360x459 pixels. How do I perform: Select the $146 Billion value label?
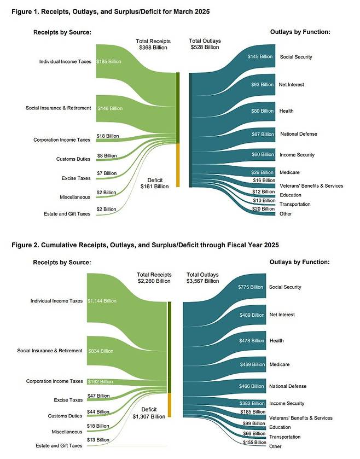(109, 108)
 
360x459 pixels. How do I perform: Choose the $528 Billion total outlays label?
(204, 48)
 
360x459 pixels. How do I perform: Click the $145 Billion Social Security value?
(260, 57)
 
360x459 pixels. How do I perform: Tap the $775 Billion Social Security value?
(251, 287)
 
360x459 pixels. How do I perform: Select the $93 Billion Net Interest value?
(262, 85)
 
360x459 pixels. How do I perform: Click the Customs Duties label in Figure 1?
(73, 159)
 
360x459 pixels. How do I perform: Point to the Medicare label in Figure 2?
(279, 364)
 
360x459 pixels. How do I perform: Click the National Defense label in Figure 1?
(298, 134)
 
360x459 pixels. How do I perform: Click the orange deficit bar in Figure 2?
(170, 405)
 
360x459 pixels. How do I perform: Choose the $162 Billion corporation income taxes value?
(100, 381)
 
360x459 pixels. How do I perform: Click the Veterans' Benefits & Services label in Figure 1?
(311, 186)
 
